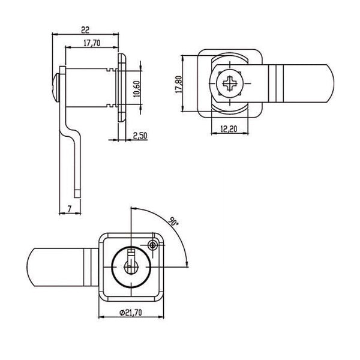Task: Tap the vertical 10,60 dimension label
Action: click(x=137, y=89)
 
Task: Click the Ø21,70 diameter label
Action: click(x=131, y=312)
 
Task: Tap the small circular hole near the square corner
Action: click(x=154, y=244)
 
